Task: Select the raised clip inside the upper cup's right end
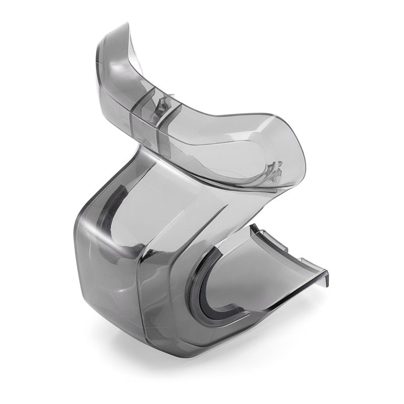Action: (x=275, y=169)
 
